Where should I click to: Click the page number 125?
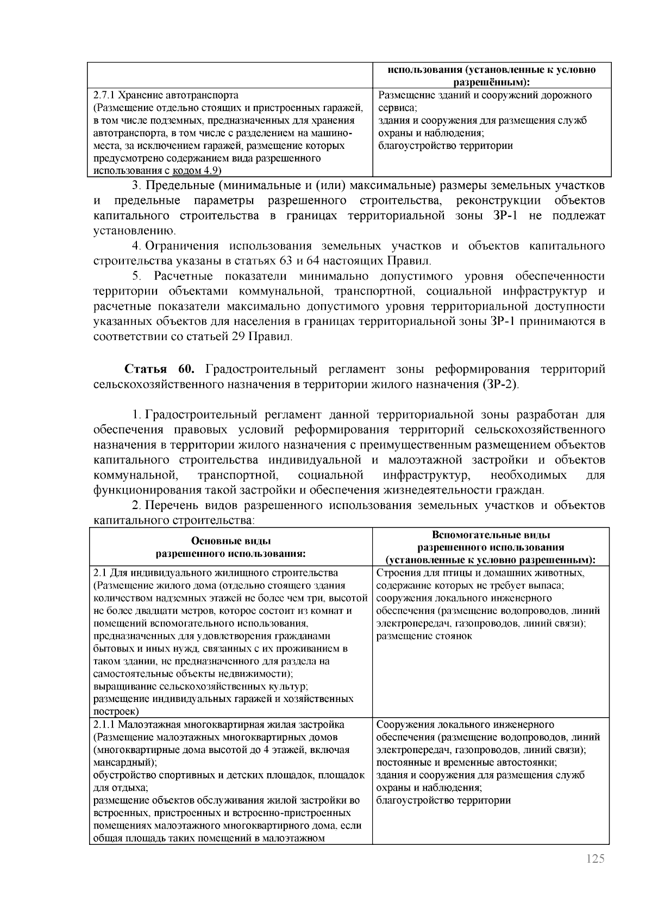595,859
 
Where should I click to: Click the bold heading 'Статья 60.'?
159,370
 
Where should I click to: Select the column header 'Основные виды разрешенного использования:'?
230,547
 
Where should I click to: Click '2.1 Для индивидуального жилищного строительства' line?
215,573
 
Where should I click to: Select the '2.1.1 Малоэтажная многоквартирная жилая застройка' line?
218,725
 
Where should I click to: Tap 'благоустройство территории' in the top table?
445,146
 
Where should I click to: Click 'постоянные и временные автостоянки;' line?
466,762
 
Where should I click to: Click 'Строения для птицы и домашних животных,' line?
480,573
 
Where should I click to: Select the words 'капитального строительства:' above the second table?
173,520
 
